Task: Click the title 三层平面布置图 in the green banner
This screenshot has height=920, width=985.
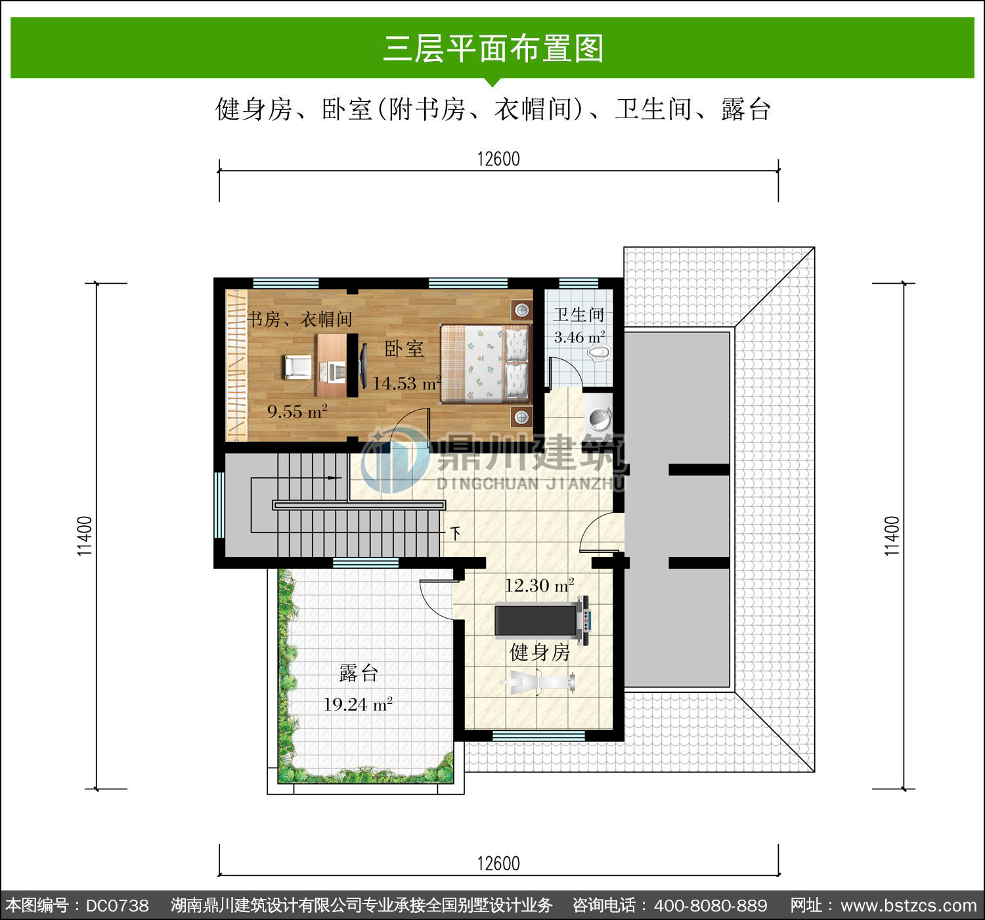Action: [493, 49]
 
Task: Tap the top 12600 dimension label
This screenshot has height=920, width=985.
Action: [498, 160]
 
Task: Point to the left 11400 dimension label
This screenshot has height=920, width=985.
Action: [85, 536]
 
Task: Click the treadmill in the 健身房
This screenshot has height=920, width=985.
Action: [542, 620]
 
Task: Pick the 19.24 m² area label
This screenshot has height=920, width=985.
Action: [358, 704]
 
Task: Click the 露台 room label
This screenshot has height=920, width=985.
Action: [359, 673]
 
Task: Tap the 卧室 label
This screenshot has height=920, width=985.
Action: [405, 349]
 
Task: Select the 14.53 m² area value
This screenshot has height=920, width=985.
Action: [406, 383]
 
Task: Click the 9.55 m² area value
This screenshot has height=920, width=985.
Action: [297, 411]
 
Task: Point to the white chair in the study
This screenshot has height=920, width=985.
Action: [297, 367]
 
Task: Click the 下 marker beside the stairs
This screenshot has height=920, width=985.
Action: [456, 533]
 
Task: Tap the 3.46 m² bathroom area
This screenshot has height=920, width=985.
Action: [579, 338]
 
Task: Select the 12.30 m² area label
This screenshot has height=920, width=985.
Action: [540, 586]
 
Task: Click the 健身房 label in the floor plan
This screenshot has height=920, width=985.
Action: [540, 653]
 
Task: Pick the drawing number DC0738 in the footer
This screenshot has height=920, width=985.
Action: [117, 906]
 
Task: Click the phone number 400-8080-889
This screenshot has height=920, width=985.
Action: [711, 906]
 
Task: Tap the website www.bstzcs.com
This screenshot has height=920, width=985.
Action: [909, 906]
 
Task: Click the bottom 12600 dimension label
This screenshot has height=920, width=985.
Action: [498, 864]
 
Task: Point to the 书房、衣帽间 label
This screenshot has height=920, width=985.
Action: [299, 319]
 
